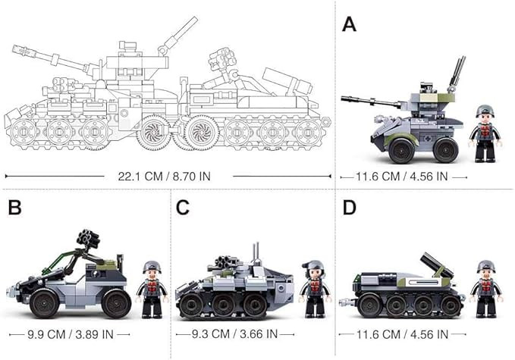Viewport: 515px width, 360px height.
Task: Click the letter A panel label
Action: pos(349,24)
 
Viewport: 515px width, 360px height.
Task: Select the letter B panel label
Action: pos(14,208)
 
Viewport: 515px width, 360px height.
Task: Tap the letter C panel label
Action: pos(183,208)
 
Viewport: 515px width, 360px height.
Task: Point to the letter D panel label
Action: pos(350,208)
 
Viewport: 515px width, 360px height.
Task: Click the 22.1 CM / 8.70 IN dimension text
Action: pos(165,177)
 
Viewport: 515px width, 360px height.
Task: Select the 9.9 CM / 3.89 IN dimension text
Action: pos(71,334)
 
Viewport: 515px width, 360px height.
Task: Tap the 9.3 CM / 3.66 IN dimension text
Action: pos(234,334)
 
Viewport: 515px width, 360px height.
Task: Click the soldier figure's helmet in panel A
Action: pos(485,110)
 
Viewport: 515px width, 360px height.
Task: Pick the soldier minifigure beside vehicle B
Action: pos(152,289)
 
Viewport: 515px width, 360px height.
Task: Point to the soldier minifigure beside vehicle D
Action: pos(485,289)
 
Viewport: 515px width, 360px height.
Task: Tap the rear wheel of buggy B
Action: pos(116,304)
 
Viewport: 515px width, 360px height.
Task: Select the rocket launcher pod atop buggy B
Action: pos(88,238)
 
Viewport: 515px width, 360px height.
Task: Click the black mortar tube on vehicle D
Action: pos(436,265)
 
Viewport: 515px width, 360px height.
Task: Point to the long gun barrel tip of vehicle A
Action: pos(343,99)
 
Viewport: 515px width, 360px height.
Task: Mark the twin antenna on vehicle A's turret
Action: pos(457,73)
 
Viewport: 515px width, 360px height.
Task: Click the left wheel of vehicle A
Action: pos(401,151)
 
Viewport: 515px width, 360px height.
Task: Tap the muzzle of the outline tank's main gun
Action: pos(15,49)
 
